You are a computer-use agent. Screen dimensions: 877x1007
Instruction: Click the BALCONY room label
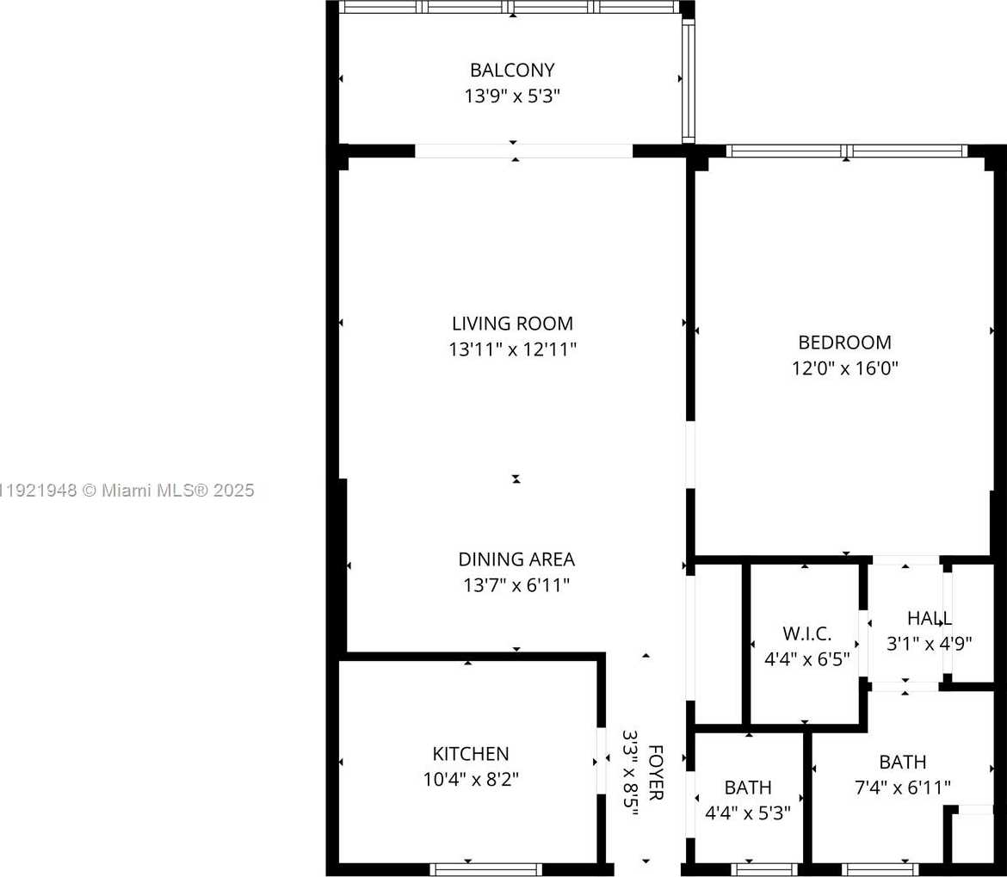(x=512, y=70)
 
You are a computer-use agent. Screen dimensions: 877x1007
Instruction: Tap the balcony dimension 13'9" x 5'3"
(x=512, y=96)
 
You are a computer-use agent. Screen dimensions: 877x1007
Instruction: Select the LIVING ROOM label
(x=512, y=324)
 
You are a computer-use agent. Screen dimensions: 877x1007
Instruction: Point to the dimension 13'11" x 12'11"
(x=512, y=350)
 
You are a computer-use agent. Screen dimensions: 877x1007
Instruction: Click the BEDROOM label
(x=844, y=343)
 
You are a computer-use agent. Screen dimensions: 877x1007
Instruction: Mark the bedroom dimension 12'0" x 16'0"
(x=844, y=369)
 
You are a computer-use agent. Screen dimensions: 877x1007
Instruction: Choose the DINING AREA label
(x=516, y=559)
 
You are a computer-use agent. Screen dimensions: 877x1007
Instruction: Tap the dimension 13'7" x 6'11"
(x=516, y=586)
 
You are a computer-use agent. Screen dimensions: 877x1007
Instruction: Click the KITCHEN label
(x=471, y=754)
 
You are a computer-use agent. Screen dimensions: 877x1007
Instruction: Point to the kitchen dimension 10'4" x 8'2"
(x=471, y=780)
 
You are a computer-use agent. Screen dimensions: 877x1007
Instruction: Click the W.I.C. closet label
(x=806, y=634)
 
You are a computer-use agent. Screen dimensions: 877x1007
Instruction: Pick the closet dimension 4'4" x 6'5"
(x=806, y=660)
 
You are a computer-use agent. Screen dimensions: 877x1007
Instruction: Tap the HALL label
(x=929, y=618)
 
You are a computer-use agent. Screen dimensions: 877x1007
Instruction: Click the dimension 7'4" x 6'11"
(x=903, y=787)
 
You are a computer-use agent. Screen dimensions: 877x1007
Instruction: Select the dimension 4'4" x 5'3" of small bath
(x=747, y=812)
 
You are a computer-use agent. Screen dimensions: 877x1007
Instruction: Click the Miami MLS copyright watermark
(x=127, y=491)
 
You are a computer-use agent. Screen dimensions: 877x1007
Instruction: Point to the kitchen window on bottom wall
(x=486, y=869)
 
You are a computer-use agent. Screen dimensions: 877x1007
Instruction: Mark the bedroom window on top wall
(x=847, y=151)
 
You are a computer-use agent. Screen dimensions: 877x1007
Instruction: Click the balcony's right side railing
(x=688, y=79)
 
